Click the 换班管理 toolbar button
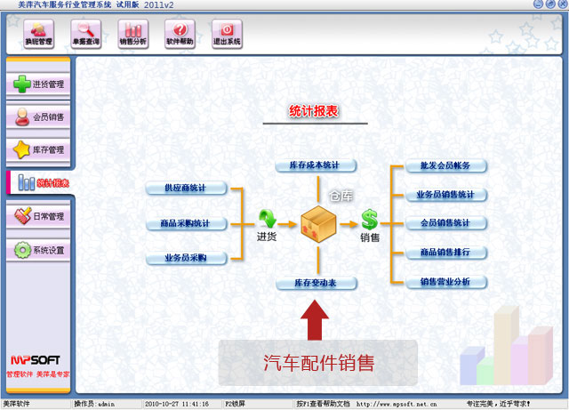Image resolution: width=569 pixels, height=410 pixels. (38, 34)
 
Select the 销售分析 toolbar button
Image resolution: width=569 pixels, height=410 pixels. (132, 34)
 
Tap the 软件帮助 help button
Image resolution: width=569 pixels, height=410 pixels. (180, 34)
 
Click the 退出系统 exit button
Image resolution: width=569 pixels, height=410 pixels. (227, 34)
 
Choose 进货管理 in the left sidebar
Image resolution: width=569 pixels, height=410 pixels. (38, 84)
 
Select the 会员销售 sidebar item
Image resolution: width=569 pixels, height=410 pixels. (38, 117)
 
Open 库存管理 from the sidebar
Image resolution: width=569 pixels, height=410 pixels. (38, 149)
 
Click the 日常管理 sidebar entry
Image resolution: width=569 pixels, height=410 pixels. (38, 216)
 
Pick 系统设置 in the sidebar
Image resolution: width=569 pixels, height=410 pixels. (38, 250)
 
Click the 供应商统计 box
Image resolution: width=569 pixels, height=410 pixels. (186, 188)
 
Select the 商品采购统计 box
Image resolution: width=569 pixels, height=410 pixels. (186, 223)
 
